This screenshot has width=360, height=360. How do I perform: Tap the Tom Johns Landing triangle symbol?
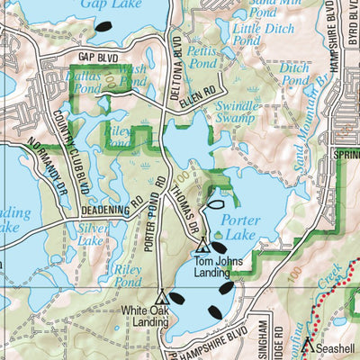202,246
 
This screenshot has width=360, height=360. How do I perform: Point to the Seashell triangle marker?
307,343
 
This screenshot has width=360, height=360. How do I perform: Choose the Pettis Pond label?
203,58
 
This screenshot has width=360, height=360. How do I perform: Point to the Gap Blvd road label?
98,57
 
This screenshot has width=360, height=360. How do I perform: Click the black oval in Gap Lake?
104,28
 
